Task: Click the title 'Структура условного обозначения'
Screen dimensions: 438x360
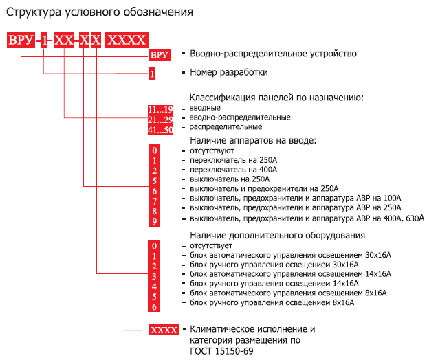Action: point(100,12)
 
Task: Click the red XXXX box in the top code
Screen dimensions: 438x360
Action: point(127,40)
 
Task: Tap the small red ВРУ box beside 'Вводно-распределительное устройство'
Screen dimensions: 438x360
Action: point(159,55)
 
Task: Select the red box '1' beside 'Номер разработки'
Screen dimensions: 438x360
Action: point(152,74)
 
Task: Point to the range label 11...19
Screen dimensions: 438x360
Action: point(160,109)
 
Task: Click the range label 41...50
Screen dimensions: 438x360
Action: point(160,130)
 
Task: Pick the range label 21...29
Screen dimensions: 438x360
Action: point(160,120)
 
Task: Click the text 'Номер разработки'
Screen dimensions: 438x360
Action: point(229,72)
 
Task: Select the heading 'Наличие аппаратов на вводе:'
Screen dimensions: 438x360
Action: point(253,140)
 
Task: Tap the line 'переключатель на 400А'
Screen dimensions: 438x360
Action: point(234,170)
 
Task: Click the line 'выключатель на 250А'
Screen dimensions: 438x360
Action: point(230,179)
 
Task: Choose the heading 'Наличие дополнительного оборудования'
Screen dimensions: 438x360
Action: point(277,235)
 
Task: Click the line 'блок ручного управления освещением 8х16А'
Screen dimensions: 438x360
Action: point(272,302)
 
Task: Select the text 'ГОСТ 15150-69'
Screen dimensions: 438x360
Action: point(221,351)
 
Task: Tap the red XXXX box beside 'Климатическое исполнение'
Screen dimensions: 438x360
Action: point(164,330)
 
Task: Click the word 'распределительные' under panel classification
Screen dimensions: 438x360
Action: point(226,127)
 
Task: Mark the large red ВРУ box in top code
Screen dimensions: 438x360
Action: point(21,40)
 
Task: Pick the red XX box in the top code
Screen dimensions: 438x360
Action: point(64,40)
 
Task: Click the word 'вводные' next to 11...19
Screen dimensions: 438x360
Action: point(205,108)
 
